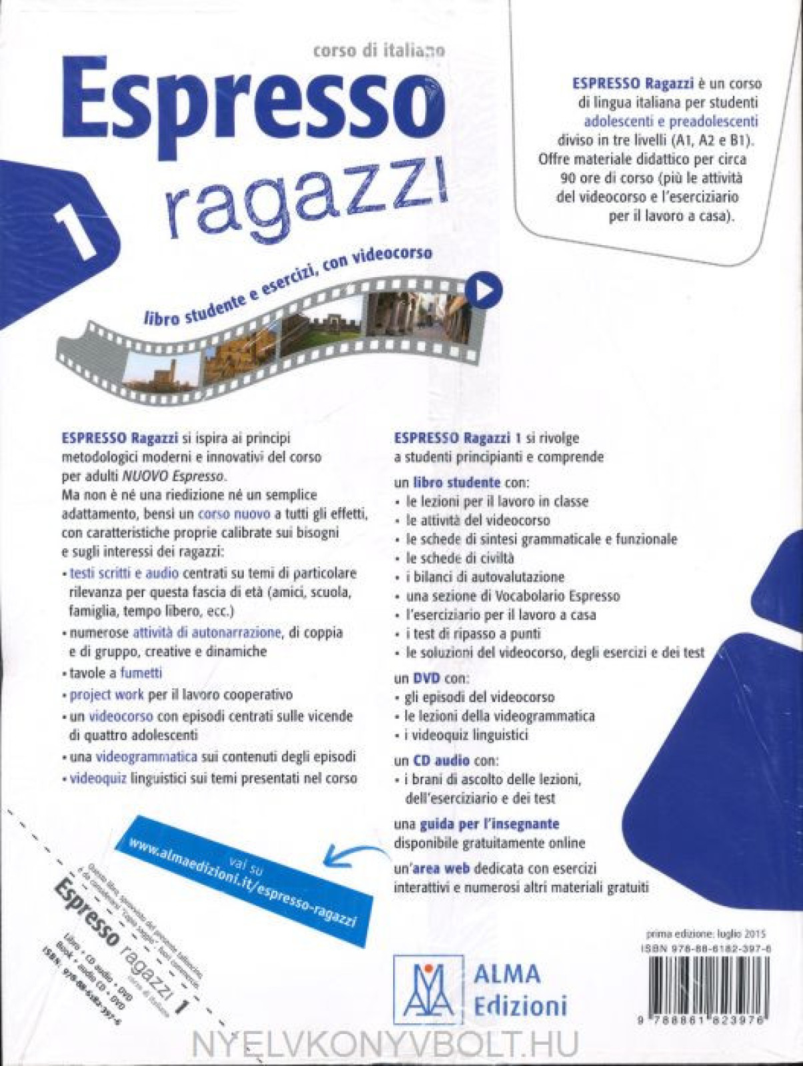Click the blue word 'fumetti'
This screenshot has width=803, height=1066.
141,673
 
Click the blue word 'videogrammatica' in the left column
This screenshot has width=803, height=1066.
147,757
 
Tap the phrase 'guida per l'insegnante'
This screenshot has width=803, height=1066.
489,823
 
